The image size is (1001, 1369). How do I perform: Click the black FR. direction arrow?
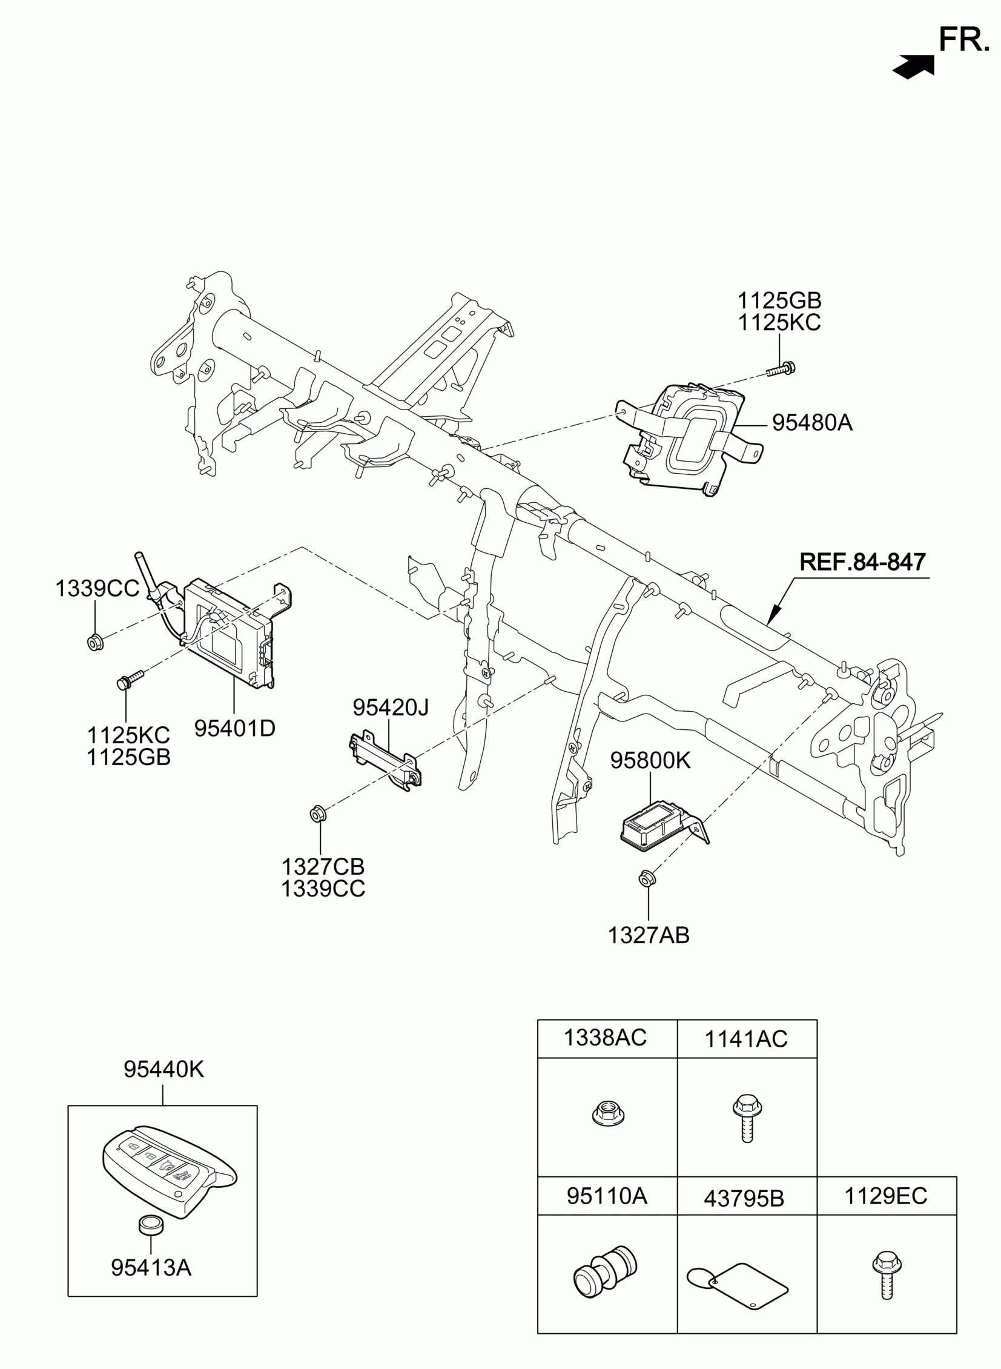point(914,66)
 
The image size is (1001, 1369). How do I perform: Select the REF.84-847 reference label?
point(862,562)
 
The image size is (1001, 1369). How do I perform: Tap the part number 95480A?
point(812,422)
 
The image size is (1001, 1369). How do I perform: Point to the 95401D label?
point(234,728)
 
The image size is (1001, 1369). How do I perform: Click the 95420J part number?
point(391,707)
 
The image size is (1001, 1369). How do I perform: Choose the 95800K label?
point(650,760)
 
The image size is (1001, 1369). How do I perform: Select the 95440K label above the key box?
point(164,1070)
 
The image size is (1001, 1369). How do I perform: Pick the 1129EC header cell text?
point(886,1196)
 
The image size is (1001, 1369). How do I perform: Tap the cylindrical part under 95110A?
point(605,1271)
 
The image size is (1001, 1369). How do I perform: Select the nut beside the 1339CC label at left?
point(94,640)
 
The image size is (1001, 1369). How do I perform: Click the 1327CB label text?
point(323,867)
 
